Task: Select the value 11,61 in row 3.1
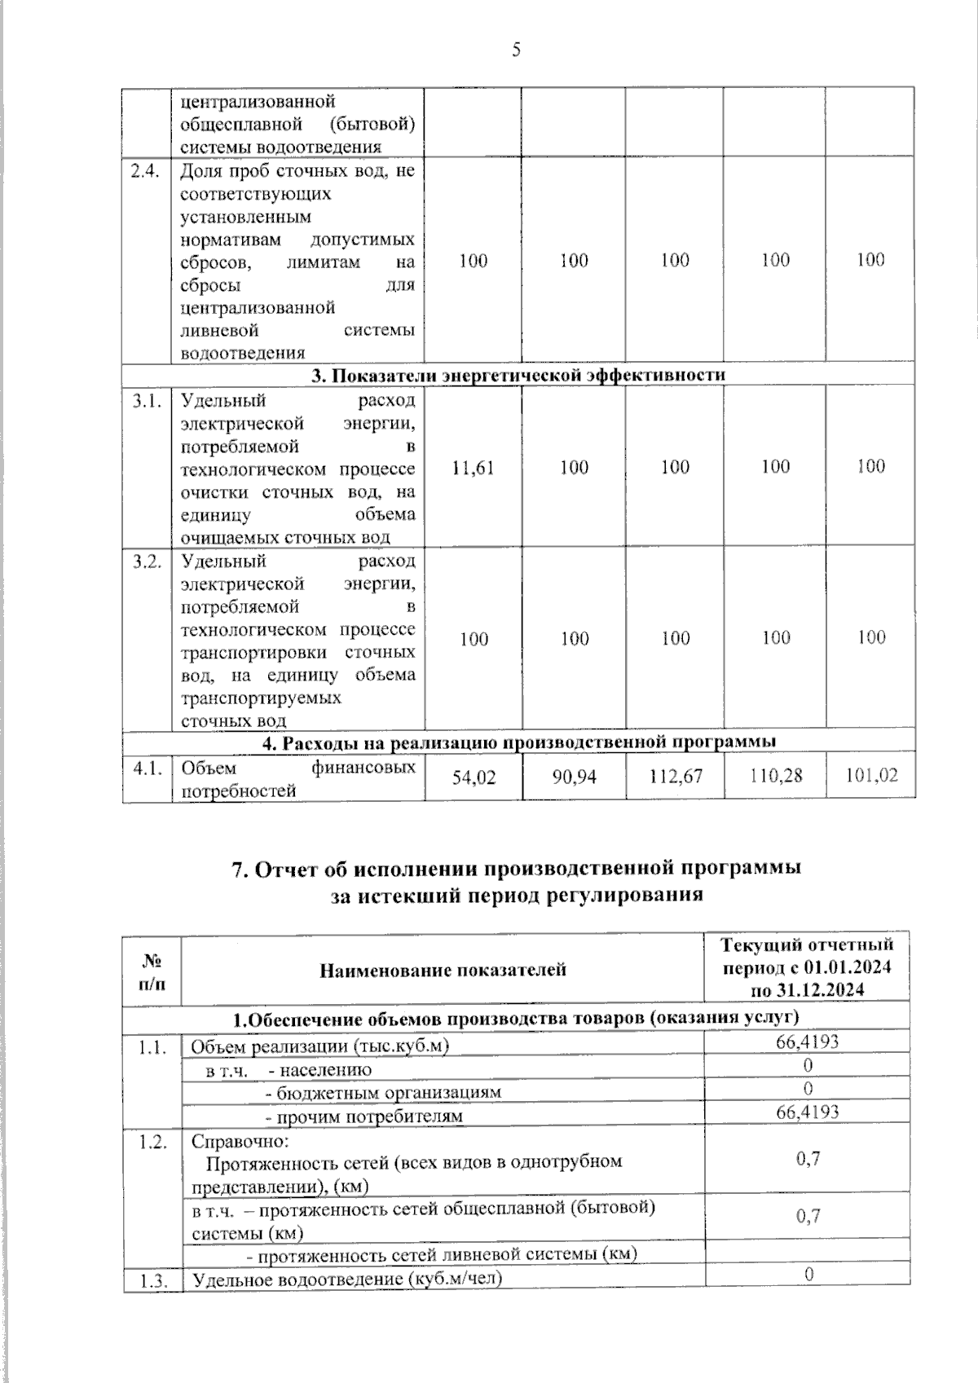point(474,467)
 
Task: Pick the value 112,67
point(675,776)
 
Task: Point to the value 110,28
point(775,775)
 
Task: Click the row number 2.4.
point(148,170)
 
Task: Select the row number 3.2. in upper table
point(148,562)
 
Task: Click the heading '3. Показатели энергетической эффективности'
point(518,375)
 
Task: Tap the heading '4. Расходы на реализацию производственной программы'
point(518,741)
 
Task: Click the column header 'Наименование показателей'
point(443,970)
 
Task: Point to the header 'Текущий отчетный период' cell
point(807,967)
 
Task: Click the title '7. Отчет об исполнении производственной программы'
point(517,869)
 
